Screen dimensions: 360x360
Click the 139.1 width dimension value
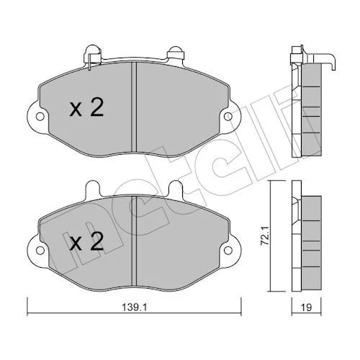point(135,307)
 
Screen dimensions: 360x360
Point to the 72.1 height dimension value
point(264,236)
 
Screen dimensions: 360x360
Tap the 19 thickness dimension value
point(306,307)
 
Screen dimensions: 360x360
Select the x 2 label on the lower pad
point(86,241)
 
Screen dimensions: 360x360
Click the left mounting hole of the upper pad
point(40,117)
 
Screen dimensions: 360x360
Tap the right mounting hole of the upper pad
point(228,117)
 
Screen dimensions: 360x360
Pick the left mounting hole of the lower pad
point(40,250)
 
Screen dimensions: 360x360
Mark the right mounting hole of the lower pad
point(228,250)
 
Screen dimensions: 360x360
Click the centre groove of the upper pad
point(134,107)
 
